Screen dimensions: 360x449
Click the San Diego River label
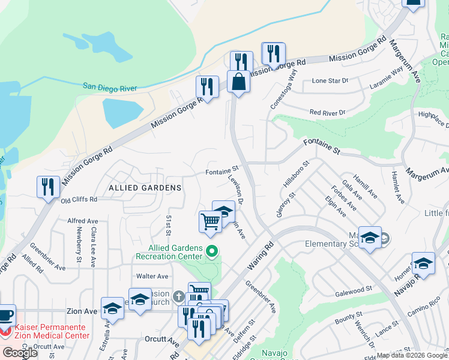[x=110, y=88]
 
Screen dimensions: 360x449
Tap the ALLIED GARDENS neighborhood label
[x=145, y=188]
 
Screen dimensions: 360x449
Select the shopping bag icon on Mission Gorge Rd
[x=238, y=82]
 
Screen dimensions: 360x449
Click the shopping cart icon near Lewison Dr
[x=211, y=221]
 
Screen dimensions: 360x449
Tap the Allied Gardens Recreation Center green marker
[x=211, y=251]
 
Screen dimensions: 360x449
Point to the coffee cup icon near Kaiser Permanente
[x=5, y=315]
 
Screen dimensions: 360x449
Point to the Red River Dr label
[x=327, y=112]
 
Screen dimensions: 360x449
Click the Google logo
[x=20, y=353]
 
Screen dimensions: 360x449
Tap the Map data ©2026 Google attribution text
[x=412, y=355]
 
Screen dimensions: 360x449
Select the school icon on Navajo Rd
[x=423, y=264]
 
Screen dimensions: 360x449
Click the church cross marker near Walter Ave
[x=178, y=296]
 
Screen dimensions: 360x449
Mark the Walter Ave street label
[x=152, y=276]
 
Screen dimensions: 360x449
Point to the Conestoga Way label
[x=284, y=88]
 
